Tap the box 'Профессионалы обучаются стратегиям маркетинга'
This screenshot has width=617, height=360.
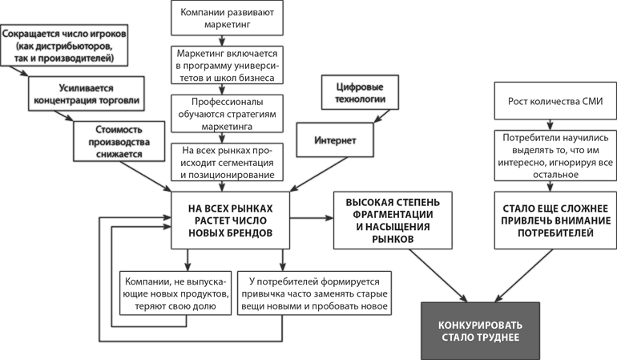click(226, 113)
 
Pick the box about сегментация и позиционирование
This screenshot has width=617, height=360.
click(226, 160)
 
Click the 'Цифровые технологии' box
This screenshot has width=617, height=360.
click(353, 93)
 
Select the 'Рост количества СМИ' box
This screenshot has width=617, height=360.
click(550, 102)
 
